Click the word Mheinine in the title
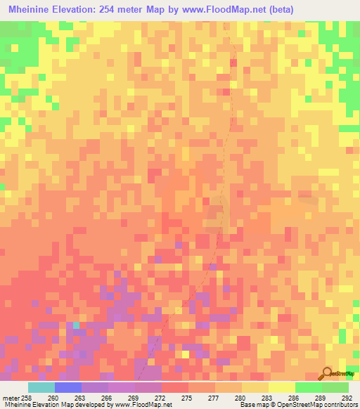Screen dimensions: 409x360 pyautogui.click(x=32, y=9)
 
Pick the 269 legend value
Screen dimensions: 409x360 pyautogui.click(x=134, y=398)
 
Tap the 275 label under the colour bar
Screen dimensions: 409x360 pyautogui.click(x=187, y=398)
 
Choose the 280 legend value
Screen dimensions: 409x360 pyautogui.click(x=240, y=398)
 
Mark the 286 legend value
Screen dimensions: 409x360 pyautogui.click(x=294, y=398)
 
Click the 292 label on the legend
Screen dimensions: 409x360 pyautogui.click(x=347, y=398)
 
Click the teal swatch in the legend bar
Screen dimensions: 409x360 pyautogui.click(x=41, y=387)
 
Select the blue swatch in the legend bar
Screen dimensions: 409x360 pyautogui.click(x=68, y=387)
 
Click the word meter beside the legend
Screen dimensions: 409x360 pyautogui.click(x=10, y=398)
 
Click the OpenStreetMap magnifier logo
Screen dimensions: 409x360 pyautogui.click(x=327, y=375)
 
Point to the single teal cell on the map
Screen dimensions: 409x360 pyautogui.click(x=77, y=325)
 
